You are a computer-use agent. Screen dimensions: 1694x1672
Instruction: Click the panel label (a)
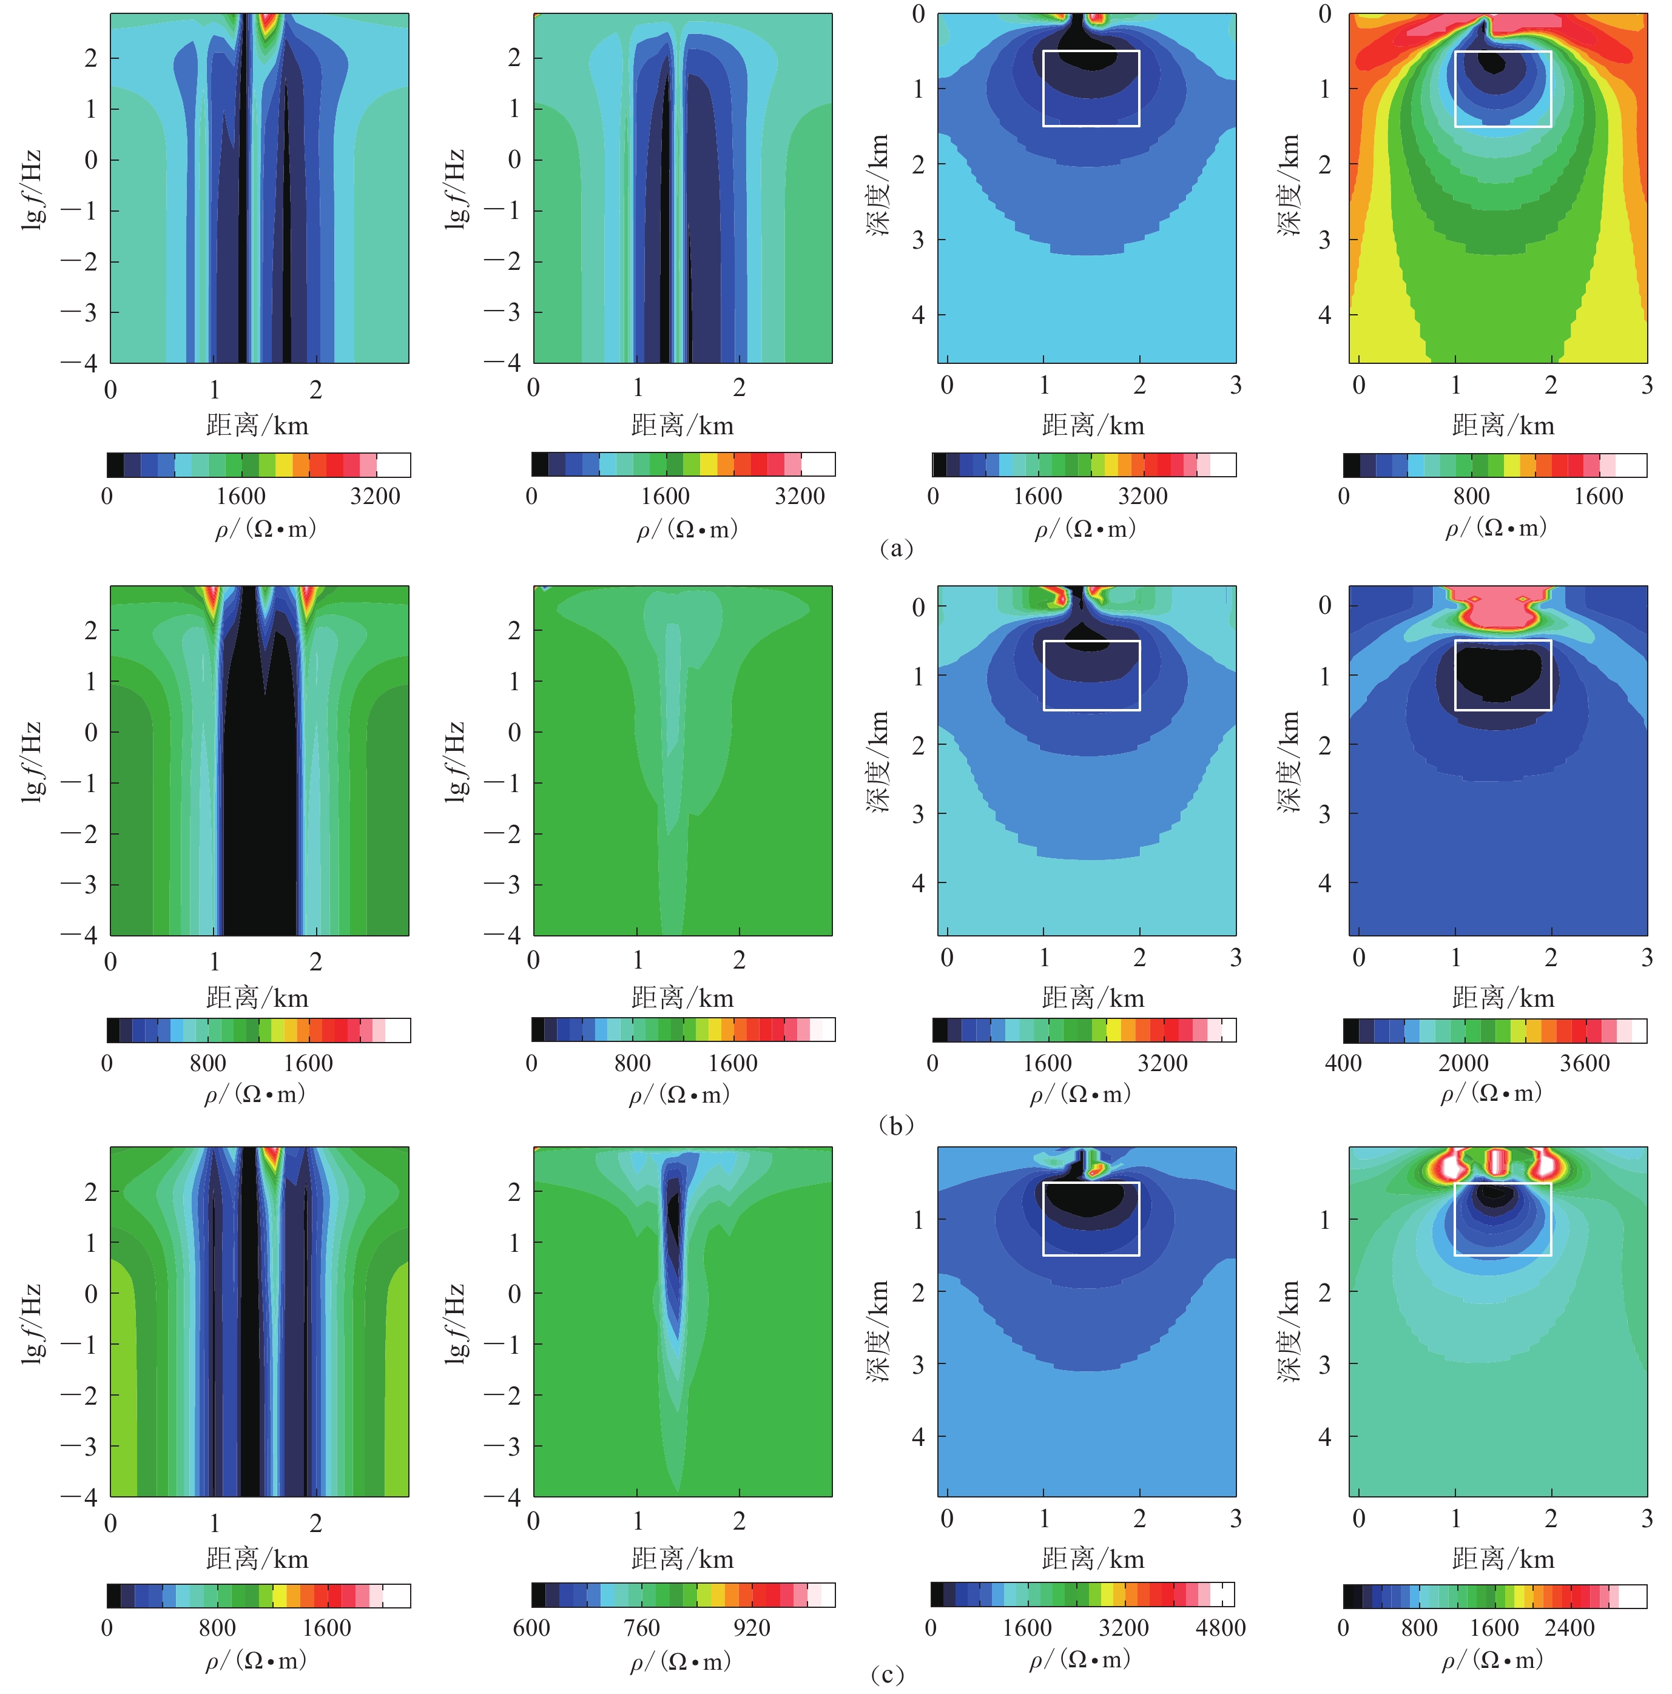(x=895, y=549)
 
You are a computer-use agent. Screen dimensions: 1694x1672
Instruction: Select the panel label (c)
(x=888, y=1675)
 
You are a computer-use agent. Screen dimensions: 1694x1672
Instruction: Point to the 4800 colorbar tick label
(x=1220, y=1627)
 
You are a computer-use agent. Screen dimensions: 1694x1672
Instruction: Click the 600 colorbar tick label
(x=531, y=1627)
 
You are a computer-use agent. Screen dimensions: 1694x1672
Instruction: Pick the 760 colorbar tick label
(x=641, y=1627)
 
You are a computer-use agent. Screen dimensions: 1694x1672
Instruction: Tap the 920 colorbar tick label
(x=751, y=1627)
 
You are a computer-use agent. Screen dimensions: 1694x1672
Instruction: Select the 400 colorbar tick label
(x=1343, y=1063)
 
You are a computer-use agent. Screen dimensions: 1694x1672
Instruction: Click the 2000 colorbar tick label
(x=1463, y=1063)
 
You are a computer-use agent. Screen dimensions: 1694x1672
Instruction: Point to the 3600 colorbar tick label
(x=1584, y=1063)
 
